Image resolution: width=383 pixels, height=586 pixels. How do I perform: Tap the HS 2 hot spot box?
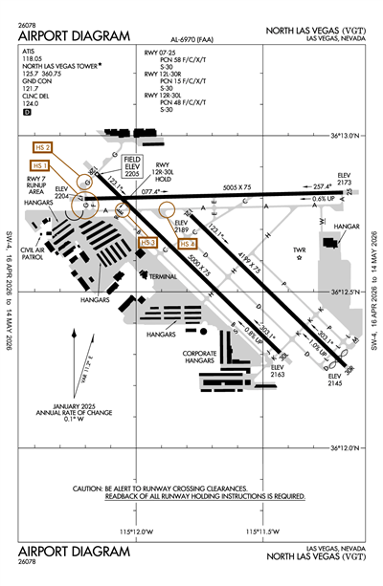point(41,147)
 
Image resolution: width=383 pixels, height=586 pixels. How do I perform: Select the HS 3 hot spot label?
point(146,243)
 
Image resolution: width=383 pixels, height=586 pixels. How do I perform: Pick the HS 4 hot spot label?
point(188,244)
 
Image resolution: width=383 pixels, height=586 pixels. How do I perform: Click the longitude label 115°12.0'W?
point(137,532)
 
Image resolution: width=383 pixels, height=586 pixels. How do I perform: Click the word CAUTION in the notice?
point(91,488)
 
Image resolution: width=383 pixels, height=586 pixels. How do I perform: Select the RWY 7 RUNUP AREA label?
point(35,184)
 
